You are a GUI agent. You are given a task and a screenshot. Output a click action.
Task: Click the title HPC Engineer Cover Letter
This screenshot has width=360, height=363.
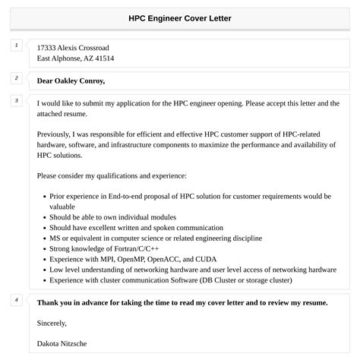point(180,17)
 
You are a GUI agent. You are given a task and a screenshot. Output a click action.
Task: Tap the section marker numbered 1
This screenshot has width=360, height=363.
point(15,46)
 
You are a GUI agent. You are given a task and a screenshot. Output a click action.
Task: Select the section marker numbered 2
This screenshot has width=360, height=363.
point(15,78)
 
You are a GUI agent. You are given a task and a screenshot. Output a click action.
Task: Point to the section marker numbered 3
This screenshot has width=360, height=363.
point(15,100)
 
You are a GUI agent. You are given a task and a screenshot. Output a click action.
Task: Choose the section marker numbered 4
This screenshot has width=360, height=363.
point(15,300)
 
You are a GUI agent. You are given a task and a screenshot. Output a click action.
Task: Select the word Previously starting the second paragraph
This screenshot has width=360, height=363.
point(57,134)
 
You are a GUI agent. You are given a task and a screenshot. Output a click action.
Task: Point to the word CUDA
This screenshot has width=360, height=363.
point(210,258)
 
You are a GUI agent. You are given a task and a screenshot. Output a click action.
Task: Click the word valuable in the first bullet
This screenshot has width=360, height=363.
point(62,205)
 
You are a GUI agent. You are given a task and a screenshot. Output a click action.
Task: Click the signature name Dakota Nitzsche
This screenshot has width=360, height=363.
point(62,343)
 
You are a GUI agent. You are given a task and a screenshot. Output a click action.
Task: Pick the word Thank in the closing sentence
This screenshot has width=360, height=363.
point(49,302)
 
